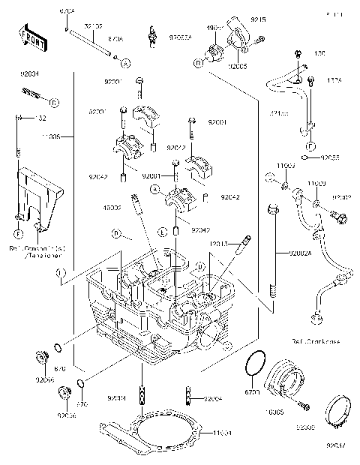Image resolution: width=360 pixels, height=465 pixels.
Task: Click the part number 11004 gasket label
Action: pyautogui.click(x=223, y=434)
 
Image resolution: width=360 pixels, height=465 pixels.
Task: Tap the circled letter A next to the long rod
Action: pyautogui.click(x=125, y=61)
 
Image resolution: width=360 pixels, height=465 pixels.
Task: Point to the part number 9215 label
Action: pyautogui.click(x=258, y=18)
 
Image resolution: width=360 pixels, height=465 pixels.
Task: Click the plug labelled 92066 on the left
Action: pyautogui.click(x=41, y=355)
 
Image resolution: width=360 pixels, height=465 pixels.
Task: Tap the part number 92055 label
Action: pyautogui.click(x=331, y=158)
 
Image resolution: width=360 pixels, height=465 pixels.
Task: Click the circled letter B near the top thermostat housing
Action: pyautogui.click(x=199, y=64)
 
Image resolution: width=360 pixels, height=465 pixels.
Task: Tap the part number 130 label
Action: pyautogui.click(x=320, y=54)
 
